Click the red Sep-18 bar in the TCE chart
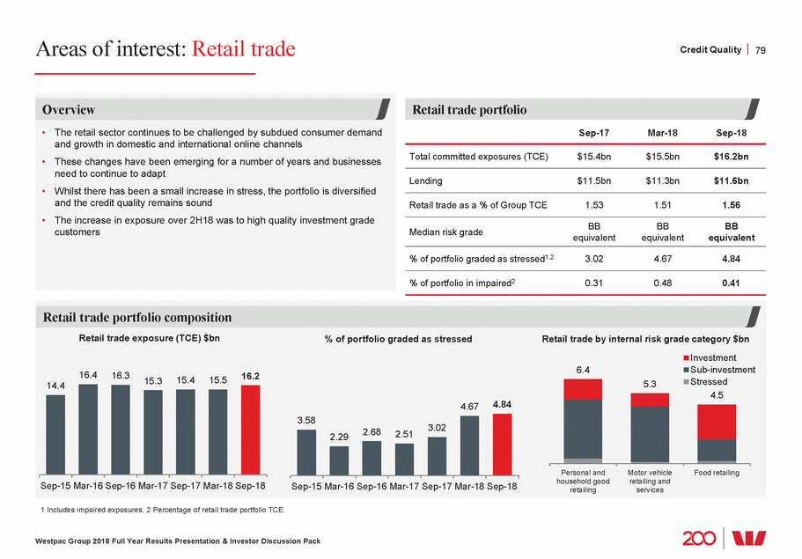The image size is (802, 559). pos(251,430)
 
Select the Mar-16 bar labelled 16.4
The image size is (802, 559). pos(89,429)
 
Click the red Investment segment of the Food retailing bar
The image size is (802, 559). pos(716,421)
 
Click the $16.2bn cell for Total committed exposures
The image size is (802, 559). pos(731,157)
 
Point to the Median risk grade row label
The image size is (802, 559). pos(448,231)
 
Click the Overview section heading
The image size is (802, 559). pos(70,110)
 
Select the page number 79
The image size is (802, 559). pos(762,49)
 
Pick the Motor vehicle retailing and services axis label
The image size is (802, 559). pos(650,481)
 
